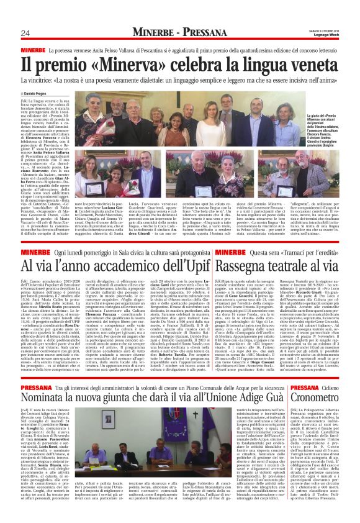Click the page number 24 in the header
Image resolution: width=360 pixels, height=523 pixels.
pos(25,33)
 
